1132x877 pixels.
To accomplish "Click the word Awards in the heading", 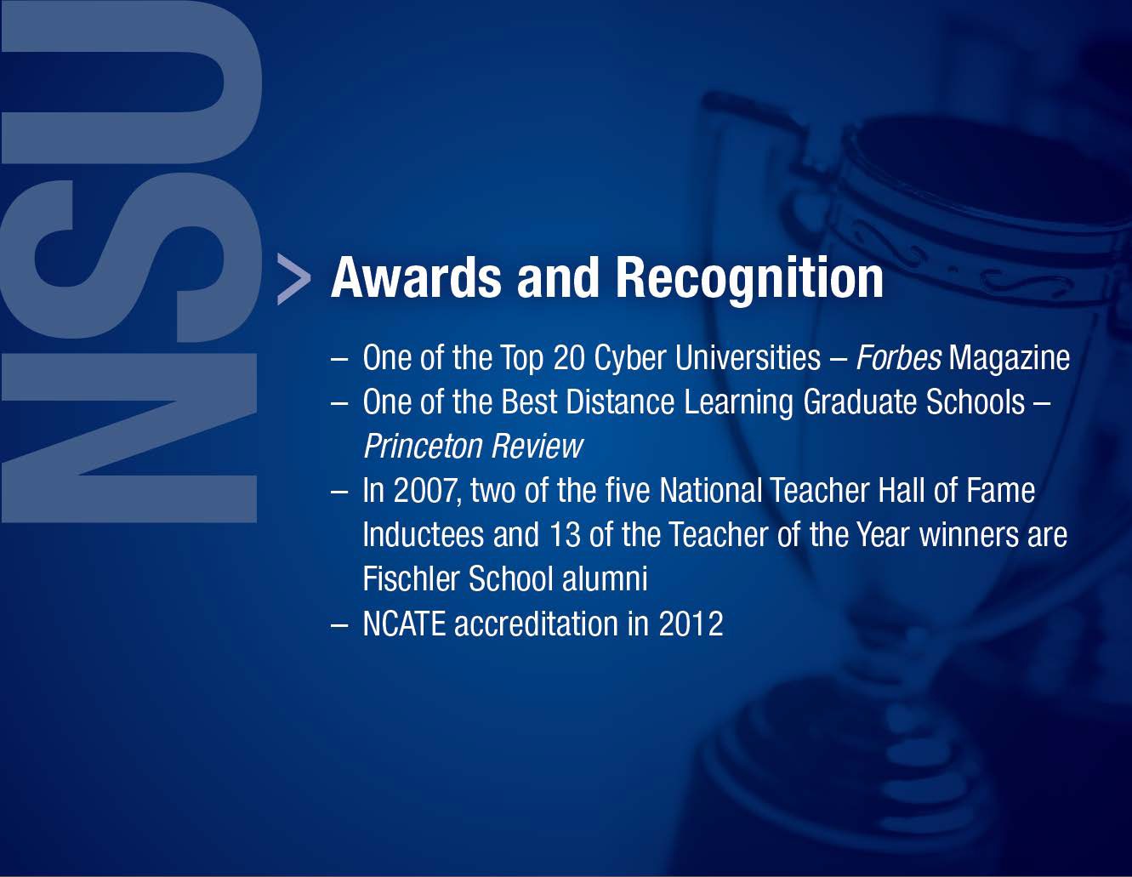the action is (x=416, y=277).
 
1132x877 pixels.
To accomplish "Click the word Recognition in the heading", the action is (x=749, y=280).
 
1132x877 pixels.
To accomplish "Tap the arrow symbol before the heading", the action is (x=293, y=279).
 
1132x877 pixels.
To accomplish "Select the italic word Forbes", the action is (x=899, y=357).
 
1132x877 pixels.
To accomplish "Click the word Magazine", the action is (x=1009, y=359).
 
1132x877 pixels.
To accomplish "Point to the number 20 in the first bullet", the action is (x=569, y=358).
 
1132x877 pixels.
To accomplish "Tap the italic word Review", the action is (x=537, y=446).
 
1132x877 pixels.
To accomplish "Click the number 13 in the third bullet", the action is (x=565, y=535).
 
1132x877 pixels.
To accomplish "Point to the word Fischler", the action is (x=411, y=578).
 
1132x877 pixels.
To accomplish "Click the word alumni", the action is (x=605, y=578).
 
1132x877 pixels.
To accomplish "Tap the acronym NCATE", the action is (x=404, y=623).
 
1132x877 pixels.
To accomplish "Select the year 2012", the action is (x=691, y=623).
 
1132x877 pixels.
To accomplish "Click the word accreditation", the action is (x=536, y=623).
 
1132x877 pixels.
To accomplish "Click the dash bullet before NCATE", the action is (x=339, y=626).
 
